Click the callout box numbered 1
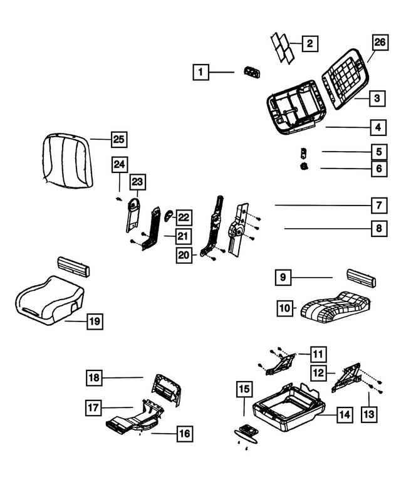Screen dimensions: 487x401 pyautogui.click(x=200, y=73)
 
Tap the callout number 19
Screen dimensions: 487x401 pyautogui.click(x=93, y=322)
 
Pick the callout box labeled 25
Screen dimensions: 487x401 pyautogui.click(x=118, y=139)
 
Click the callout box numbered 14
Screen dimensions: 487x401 pyautogui.click(x=345, y=414)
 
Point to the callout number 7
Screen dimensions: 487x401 pyautogui.click(x=378, y=206)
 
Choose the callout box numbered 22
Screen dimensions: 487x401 pyautogui.click(x=183, y=217)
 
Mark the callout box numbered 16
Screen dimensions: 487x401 pyautogui.click(x=185, y=433)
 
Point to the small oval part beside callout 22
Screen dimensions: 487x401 pyautogui.click(x=168, y=217)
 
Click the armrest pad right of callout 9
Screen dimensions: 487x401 pyautogui.click(x=361, y=277)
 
